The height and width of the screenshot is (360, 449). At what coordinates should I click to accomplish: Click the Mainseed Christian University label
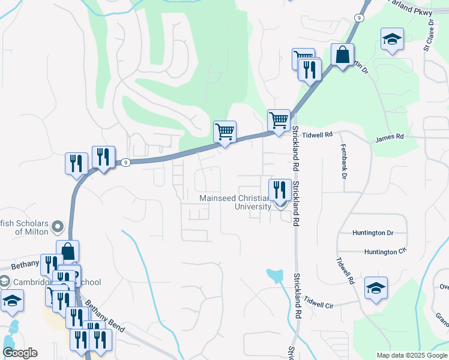235,202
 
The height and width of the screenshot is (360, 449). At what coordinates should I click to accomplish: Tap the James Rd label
390,137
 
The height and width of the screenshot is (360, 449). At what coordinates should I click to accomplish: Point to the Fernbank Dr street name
344,162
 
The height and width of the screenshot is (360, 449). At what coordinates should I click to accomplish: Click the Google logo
19,353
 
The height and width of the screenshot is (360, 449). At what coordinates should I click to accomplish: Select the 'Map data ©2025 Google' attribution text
412,355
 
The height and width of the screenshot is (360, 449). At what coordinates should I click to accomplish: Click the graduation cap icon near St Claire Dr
392,40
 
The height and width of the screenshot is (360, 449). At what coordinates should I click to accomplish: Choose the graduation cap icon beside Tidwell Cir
376,289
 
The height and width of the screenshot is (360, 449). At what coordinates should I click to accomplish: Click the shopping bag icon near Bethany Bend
68,251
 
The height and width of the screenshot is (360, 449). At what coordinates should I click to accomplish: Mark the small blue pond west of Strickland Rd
275,275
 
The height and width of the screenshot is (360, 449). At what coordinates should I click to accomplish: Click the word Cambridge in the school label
34,282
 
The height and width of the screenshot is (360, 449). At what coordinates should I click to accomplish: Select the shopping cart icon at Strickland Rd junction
279,120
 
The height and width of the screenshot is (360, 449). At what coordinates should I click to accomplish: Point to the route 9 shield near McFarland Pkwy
358,18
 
